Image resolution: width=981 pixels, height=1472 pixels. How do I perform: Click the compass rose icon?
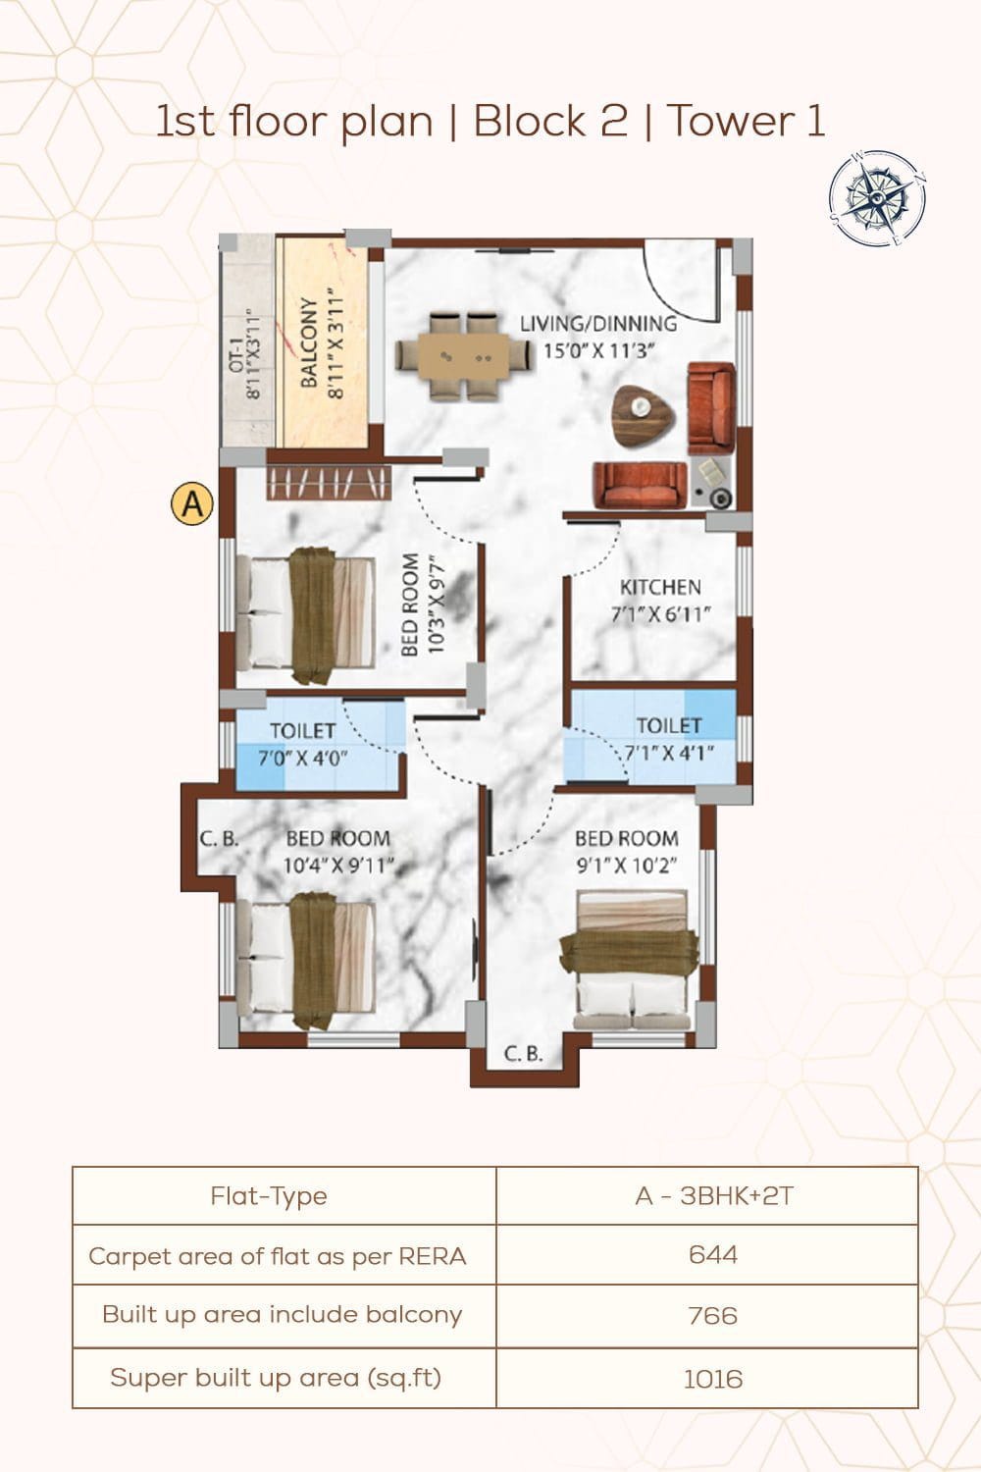[x=878, y=198]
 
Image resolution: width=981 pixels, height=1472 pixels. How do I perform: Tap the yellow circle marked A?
[x=192, y=504]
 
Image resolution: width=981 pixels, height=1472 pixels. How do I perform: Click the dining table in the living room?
[x=464, y=357]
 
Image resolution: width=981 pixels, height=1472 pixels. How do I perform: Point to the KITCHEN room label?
[x=660, y=587]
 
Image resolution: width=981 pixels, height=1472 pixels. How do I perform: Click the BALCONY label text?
[x=309, y=343]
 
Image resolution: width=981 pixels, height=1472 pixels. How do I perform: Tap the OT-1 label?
[x=235, y=356]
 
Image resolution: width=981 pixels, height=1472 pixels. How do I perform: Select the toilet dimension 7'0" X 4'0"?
[x=302, y=759]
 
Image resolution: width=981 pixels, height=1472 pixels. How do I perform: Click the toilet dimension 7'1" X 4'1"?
[x=669, y=753]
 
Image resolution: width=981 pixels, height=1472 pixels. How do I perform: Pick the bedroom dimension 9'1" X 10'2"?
[x=626, y=866]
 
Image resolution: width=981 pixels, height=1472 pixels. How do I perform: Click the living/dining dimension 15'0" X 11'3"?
[x=598, y=351]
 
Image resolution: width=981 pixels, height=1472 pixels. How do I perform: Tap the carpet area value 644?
[x=713, y=1254]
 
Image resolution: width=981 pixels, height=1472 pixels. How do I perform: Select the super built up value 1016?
[x=713, y=1379]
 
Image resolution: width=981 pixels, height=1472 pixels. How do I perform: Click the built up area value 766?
[x=713, y=1316]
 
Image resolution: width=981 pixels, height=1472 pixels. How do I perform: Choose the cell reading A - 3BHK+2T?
[x=714, y=1196]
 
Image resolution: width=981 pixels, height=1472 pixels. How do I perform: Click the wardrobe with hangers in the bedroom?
[x=329, y=484]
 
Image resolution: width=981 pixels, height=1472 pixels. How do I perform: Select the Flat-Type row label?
[x=269, y=1196]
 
